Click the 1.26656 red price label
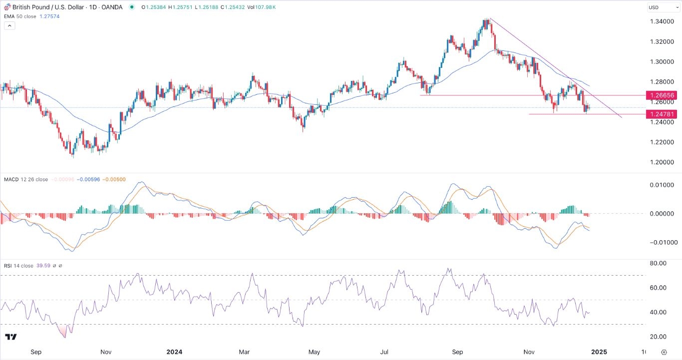tap(661, 95)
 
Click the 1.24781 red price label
tap(661, 114)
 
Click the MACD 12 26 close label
tap(25, 179)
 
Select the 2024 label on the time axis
tap(174, 352)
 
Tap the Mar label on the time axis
tap(244, 352)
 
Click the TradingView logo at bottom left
tap(10, 337)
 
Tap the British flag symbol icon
tap(7, 7)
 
